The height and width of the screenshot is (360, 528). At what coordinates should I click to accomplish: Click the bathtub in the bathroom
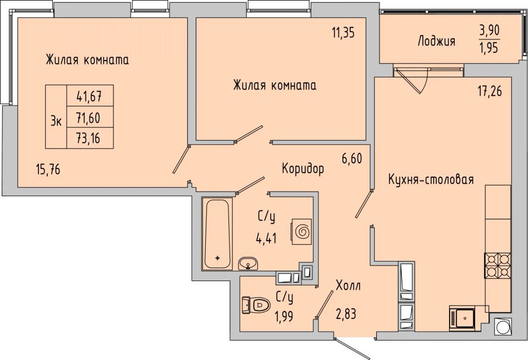pyautogui.click(x=217, y=234)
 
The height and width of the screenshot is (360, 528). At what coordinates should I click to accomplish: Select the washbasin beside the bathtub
pyautogui.click(x=248, y=263)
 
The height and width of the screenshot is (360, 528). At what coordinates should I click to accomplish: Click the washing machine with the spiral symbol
pyautogui.click(x=302, y=232)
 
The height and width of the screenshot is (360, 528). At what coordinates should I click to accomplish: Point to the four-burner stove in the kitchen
pyautogui.click(x=497, y=265)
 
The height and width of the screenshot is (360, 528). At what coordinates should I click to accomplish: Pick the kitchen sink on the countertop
pyautogui.click(x=462, y=317)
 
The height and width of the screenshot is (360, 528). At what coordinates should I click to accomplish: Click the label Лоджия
pyautogui.click(x=436, y=41)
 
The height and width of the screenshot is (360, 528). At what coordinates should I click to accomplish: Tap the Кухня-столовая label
pyautogui.click(x=431, y=179)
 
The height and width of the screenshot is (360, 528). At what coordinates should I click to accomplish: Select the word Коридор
pyautogui.click(x=303, y=168)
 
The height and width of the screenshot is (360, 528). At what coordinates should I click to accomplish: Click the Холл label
pyautogui.click(x=348, y=286)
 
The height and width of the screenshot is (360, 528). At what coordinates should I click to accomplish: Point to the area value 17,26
pyautogui.click(x=490, y=91)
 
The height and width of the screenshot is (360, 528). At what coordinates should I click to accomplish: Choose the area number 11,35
pyautogui.click(x=343, y=33)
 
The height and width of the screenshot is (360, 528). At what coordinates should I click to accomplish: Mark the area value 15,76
pyautogui.click(x=48, y=169)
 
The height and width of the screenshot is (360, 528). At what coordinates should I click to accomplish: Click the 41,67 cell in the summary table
pyautogui.click(x=89, y=96)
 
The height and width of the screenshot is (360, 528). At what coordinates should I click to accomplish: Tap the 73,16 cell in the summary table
pyautogui.click(x=89, y=138)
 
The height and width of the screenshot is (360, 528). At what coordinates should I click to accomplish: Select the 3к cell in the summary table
pyautogui.click(x=56, y=117)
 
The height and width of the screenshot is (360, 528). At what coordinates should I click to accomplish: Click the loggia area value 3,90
pyautogui.click(x=490, y=31)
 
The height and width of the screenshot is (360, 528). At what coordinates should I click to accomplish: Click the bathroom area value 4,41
pyautogui.click(x=266, y=238)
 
